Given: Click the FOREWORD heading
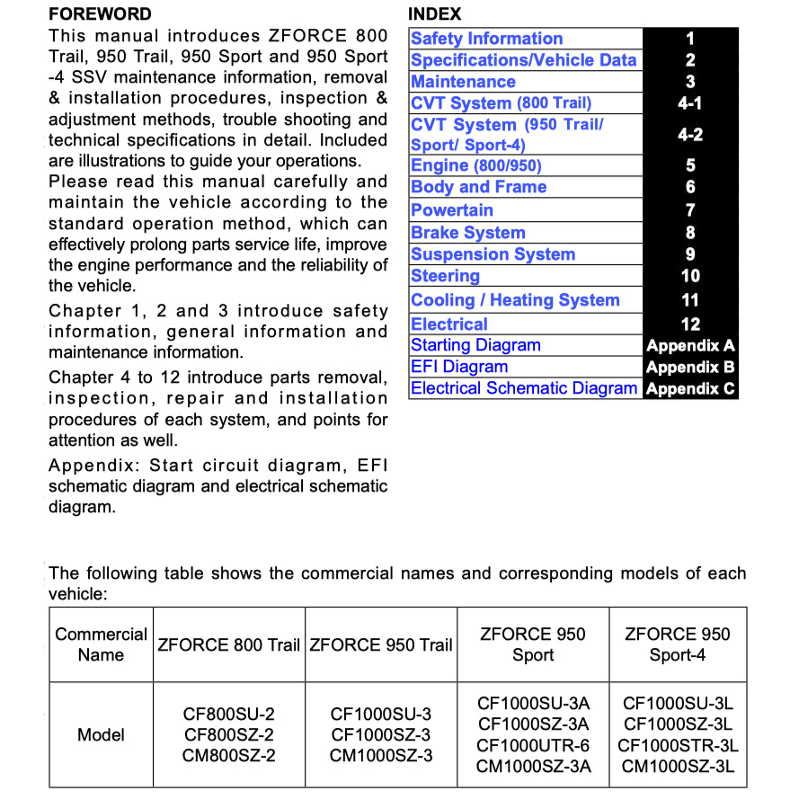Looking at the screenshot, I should (100, 14).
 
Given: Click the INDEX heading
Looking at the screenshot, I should (434, 14).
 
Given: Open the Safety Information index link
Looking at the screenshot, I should (486, 39).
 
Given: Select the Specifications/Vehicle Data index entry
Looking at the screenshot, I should (523, 60).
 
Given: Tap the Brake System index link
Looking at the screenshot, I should (467, 233).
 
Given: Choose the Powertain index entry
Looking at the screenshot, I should (452, 210).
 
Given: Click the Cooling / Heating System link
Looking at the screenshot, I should (515, 300).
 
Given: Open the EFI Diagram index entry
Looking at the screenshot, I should (459, 367).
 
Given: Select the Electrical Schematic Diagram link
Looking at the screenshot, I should (524, 388).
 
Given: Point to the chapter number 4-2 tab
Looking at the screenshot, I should (690, 135).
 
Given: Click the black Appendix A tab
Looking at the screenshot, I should (690, 345).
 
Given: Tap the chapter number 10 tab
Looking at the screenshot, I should (690, 276).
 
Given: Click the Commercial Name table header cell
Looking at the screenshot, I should (101, 644).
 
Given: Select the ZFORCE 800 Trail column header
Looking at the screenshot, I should (228, 645).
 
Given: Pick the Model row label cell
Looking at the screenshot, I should (101, 734).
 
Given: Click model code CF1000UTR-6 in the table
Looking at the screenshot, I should (533, 745).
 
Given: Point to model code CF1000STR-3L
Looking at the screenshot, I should (678, 745).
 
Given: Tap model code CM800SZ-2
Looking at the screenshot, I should (228, 756).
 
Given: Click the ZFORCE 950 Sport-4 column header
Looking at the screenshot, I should (678, 644).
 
